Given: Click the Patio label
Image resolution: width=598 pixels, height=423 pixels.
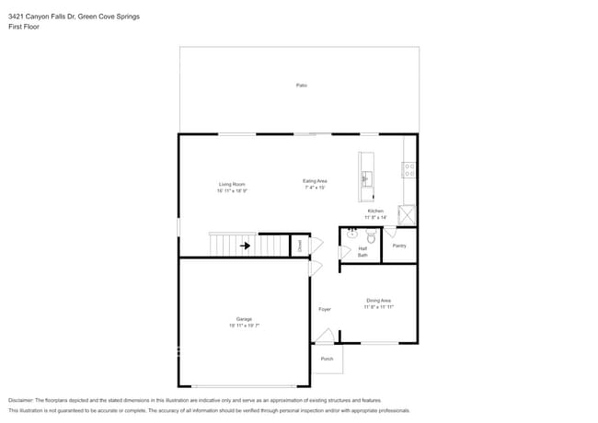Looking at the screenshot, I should click(x=301, y=86).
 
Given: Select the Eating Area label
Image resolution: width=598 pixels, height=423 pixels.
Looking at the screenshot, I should click(x=316, y=181).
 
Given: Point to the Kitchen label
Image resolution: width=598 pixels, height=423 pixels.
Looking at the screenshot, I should click(x=375, y=211).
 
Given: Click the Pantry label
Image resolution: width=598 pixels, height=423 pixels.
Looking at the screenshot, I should click(x=399, y=246).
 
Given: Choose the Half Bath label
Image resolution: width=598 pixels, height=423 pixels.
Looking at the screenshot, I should click(x=362, y=251).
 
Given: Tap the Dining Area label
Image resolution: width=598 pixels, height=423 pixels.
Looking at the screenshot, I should click(x=378, y=301).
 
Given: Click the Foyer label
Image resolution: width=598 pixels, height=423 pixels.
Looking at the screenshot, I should click(x=325, y=309).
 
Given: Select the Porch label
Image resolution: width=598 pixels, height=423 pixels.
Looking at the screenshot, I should click(x=327, y=359).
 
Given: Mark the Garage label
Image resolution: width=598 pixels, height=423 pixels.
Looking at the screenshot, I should click(x=245, y=319).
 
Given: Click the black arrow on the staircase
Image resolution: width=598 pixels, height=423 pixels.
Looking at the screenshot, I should click(x=246, y=246).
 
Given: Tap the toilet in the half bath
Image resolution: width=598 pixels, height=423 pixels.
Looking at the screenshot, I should click(x=372, y=236).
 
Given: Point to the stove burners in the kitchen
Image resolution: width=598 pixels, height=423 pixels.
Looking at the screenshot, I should click(x=408, y=169).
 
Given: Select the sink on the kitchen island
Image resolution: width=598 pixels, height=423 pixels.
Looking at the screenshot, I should click(x=366, y=178).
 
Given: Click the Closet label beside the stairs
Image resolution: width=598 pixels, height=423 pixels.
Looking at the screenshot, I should click(x=299, y=246).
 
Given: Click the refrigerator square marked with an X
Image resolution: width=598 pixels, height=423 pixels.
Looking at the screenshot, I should click(x=407, y=214).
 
